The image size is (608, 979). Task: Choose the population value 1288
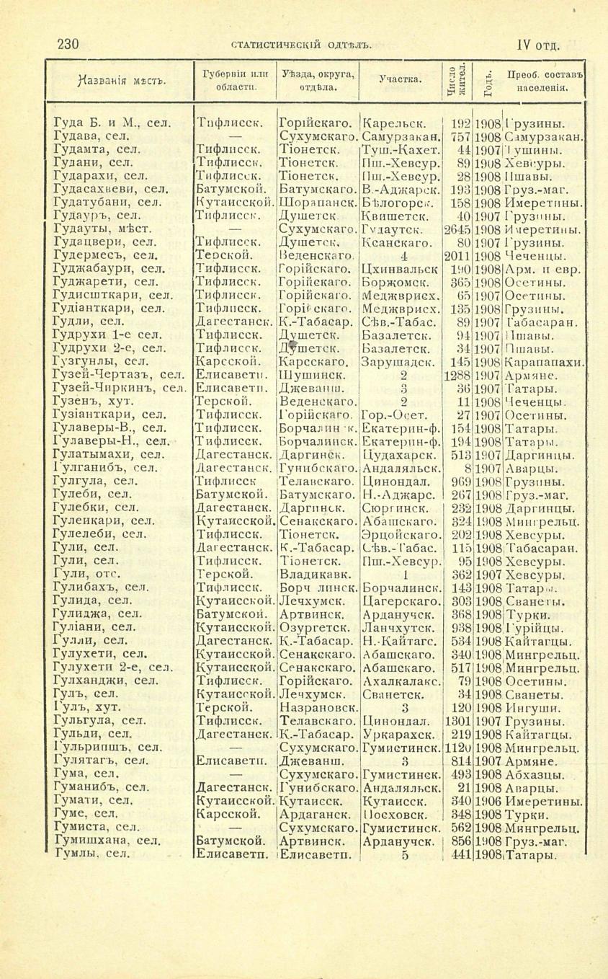coord(457,376)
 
